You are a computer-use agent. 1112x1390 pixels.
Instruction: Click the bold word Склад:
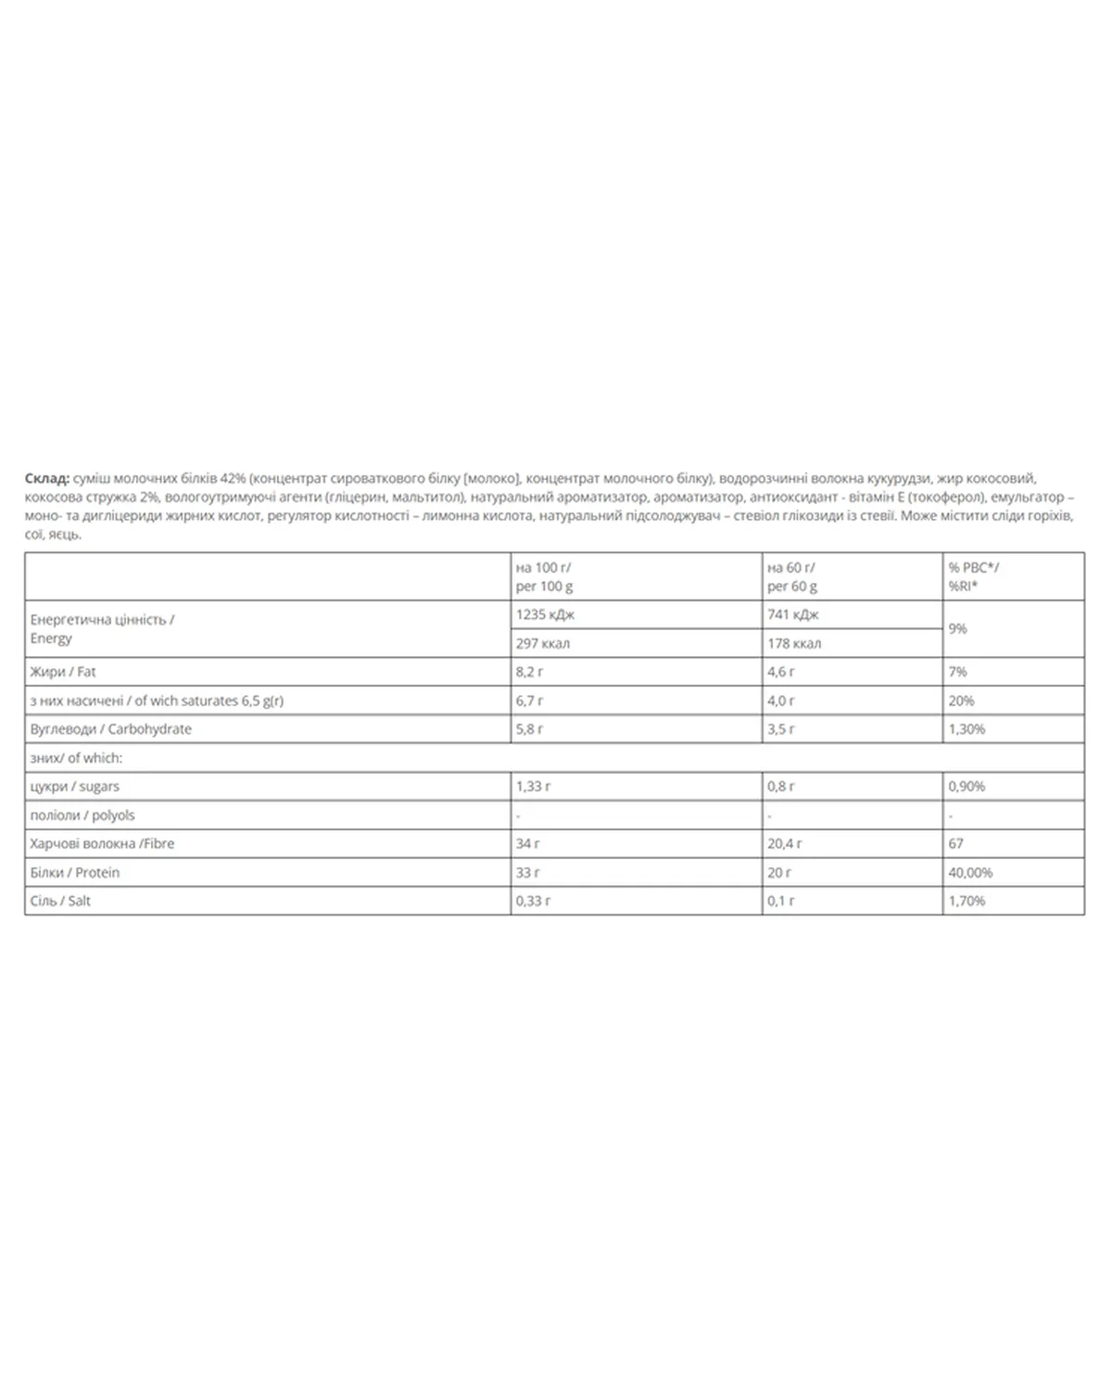46,478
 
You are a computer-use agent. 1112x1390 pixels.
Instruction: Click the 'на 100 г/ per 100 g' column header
544,576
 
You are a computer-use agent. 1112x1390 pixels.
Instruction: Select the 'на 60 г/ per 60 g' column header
792,576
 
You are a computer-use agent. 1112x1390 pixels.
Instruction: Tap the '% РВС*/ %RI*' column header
973,576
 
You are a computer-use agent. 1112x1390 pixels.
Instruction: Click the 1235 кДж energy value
546,614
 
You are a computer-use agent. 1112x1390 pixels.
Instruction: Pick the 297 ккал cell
543,643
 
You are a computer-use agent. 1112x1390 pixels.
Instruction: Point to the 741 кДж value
793,614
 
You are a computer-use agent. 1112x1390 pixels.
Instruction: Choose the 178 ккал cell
794,643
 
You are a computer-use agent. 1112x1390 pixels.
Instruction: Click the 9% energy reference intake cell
957,628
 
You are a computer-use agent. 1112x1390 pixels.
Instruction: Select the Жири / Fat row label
63,672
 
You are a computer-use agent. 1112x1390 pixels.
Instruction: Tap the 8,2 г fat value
530,672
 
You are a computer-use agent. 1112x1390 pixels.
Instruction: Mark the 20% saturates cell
961,701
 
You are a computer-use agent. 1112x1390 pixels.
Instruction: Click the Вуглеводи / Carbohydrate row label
111,729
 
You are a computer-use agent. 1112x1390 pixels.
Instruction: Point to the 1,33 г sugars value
533,786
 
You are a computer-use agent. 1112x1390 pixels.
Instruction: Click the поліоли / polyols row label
82,815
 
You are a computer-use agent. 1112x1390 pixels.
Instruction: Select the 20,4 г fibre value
785,843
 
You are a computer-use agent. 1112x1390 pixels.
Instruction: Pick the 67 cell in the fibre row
955,843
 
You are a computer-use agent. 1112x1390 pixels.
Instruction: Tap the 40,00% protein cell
970,872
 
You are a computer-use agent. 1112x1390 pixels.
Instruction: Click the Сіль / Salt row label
60,901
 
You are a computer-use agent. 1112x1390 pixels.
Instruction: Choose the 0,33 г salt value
533,901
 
